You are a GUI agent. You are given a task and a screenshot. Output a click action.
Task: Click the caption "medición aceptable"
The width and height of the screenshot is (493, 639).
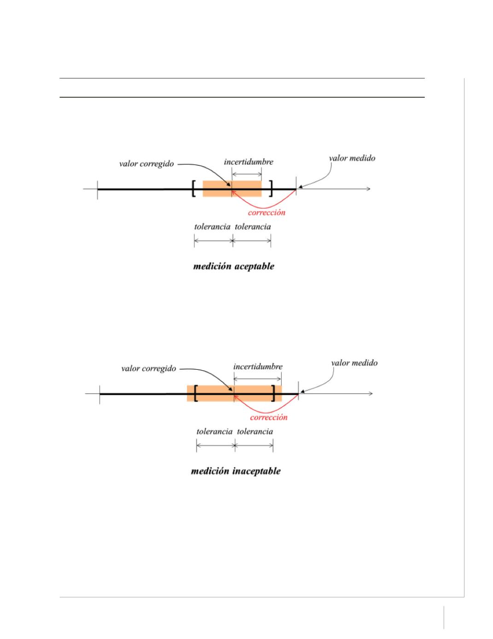click(x=234, y=266)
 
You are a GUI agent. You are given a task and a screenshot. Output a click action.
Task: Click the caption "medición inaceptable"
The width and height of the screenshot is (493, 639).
click(x=236, y=471)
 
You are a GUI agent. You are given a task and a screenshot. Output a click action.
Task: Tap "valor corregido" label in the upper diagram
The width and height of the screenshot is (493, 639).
click(x=146, y=164)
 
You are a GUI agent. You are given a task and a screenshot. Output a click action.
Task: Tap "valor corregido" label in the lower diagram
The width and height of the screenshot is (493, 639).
click(x=149, y=368)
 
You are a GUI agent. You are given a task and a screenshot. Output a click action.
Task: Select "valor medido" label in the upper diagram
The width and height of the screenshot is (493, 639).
click(x=352, y=158)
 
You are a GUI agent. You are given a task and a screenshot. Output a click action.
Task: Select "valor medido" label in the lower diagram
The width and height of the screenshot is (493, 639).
click(x=354, y=363)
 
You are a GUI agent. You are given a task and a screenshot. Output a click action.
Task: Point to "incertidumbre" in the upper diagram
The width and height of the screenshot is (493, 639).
click(x=249, y=162)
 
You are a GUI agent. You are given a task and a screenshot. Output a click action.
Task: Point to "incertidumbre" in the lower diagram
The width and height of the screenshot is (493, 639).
click(x=258, y=367)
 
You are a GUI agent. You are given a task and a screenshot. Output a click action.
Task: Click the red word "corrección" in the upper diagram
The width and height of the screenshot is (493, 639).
click(x=267, y=213)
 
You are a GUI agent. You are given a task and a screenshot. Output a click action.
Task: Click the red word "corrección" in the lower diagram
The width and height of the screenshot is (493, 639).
click(x=269, y=417)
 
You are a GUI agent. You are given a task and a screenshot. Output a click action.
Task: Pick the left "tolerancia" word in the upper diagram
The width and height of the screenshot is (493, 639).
click(x=212, y=227)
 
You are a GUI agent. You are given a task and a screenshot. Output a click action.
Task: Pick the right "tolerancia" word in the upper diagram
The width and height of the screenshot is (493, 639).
click(x=253, y=227)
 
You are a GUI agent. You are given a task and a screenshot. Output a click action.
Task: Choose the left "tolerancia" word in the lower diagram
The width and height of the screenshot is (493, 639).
click(x=215, y=432)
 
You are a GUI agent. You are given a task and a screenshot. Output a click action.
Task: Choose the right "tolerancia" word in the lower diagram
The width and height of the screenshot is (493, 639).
click(x=255, y=432)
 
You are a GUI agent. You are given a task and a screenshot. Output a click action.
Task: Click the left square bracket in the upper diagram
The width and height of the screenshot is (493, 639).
click(x=193, y=189)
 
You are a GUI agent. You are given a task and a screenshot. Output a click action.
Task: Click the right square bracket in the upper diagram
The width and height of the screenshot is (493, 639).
click(x=271, y=189)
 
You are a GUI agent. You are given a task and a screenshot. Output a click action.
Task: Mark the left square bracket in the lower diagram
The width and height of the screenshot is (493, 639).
click(x=196, y=393)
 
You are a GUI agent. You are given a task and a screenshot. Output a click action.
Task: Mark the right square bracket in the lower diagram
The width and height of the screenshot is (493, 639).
click(x=274, y=393)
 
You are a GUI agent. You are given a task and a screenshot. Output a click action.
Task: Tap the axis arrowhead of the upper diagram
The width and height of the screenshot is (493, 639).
click(x=369, y=189)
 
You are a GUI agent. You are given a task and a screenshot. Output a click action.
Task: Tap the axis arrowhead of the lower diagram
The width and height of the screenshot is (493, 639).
click(x=371, y=393)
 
